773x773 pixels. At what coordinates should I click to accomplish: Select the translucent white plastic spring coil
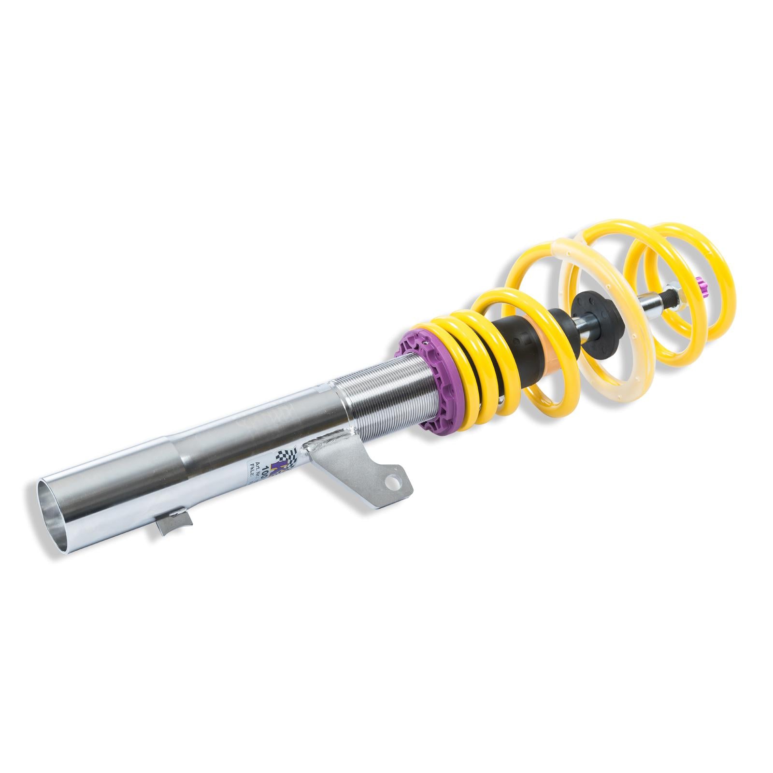[604, 309]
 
